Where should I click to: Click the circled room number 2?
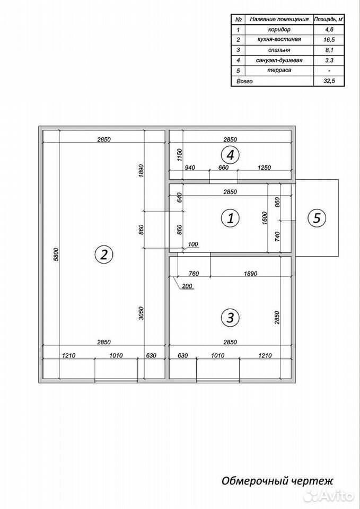pos(103,254)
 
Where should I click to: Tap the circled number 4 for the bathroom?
pos(230,155)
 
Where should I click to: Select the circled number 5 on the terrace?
pos(317,218)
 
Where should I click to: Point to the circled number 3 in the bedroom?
pos(230,317)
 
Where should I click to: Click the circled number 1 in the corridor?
pos(230,218)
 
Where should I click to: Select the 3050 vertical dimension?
pos(141,313)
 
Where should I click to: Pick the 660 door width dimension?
pos(224,168)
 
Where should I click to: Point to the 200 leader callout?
pos(187,286)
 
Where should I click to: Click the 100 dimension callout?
pos(192,244)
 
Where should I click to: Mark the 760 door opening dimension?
pos(194,274)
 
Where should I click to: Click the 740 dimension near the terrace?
pos(277,235)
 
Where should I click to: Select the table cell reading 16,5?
pos(329,40)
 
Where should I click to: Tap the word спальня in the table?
pos(279,50)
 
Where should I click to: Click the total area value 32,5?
pos(329,81)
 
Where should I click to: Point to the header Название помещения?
pos(279,19)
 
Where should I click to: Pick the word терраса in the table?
pos(279,70)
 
